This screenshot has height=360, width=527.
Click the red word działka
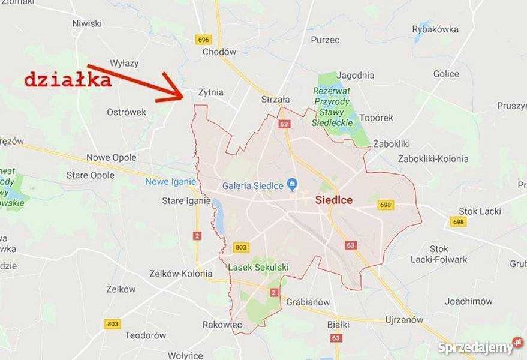coord(68,80)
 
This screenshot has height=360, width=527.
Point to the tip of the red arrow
coord(183,96)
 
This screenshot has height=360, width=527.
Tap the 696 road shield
coord(203,40)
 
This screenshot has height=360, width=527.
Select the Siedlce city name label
coord(334,200)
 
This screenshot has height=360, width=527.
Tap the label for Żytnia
coord(210,92)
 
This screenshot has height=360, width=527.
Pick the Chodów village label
coord(219,52)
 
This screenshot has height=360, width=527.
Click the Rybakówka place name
coord(435,29)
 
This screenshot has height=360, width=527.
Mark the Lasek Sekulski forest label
coord(258,267)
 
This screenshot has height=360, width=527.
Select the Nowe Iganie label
coord(170,182)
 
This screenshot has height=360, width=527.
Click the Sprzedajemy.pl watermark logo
coord(480,347)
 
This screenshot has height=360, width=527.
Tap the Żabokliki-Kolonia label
coord(433,159)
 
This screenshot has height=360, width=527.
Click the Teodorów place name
coord(146,335)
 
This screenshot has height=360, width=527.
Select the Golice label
coord(446,74)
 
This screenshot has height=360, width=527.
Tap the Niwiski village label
coord(87,23)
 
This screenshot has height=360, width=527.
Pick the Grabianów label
coord(308,302)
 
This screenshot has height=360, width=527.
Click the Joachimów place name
coord(468,301)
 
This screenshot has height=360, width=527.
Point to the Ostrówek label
coord(127,112)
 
